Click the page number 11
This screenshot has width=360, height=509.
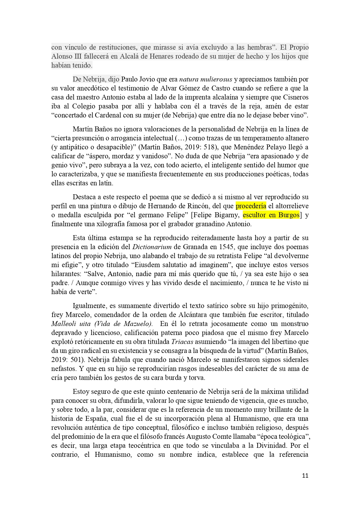pos(305,476)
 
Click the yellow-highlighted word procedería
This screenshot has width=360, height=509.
pos(251,206)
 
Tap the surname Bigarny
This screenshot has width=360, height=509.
pos(227,215)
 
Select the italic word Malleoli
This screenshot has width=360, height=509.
pos(63,324)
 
